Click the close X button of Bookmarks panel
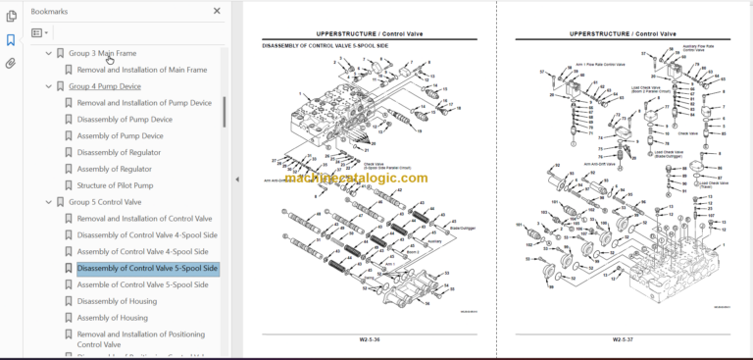point(217,12)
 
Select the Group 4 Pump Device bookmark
point(104,86)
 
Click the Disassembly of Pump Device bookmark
point(125,120)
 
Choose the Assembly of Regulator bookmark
point(114,169)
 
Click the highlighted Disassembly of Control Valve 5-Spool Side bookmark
point(147,268)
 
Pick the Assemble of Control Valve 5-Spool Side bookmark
point(142,284)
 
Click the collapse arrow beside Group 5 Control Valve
point(48,202)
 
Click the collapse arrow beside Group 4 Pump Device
point(48,86)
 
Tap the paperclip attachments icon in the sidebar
point(11,63)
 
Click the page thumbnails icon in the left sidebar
point(11,17)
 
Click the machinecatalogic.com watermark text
point(373,178)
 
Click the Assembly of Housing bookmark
point(112,318)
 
